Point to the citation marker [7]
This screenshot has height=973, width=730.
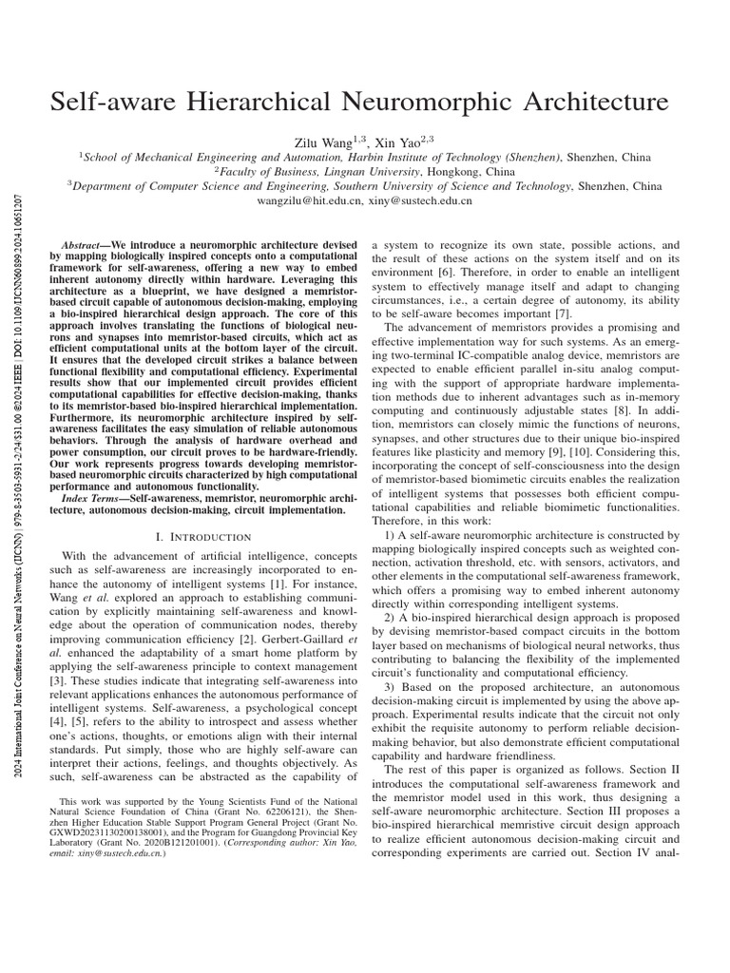(566, 313)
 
